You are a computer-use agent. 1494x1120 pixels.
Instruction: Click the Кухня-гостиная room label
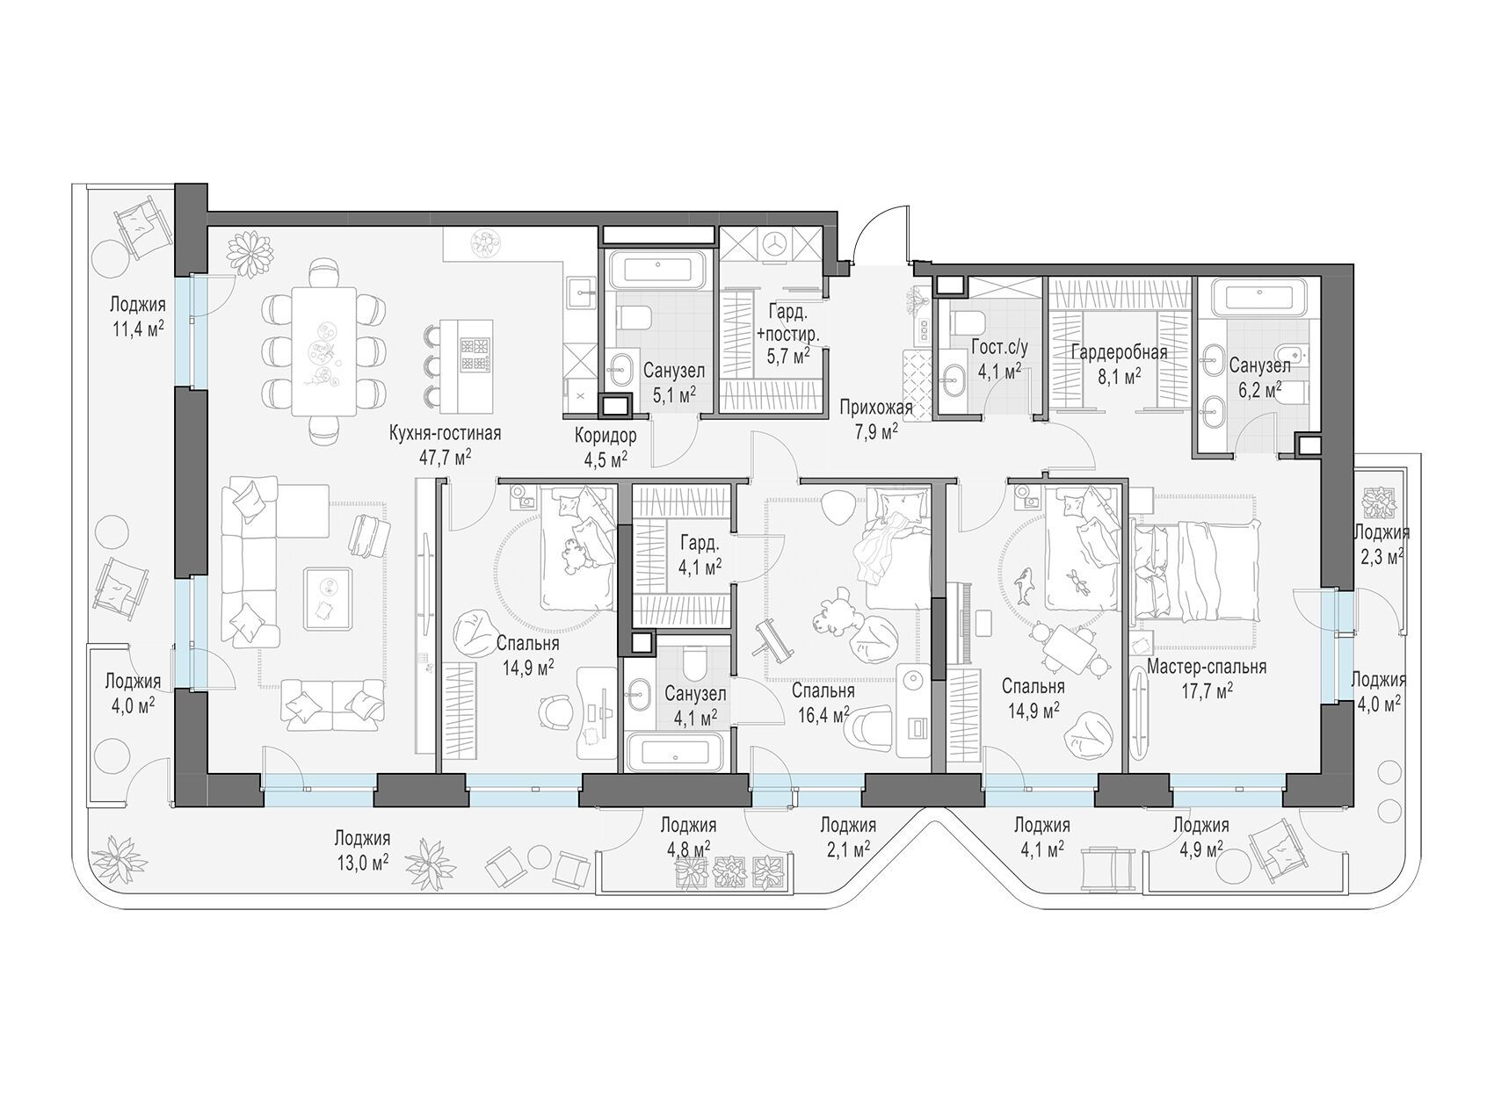(446, 434)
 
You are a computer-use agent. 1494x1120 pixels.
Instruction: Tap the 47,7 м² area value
(446, 456)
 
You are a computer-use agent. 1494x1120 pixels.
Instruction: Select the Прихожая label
(875, 408)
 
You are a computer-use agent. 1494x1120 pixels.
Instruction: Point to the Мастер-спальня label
(1207, 668)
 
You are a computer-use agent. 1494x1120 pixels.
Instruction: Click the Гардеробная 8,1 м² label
(1118, 364)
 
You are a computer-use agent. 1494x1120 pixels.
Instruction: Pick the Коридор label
(606, 436)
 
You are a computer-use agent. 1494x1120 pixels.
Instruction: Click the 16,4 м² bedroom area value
(823, 714)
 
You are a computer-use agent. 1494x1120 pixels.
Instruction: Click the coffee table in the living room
(328, 598)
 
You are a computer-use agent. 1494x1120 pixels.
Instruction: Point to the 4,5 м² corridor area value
(606, 458)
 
